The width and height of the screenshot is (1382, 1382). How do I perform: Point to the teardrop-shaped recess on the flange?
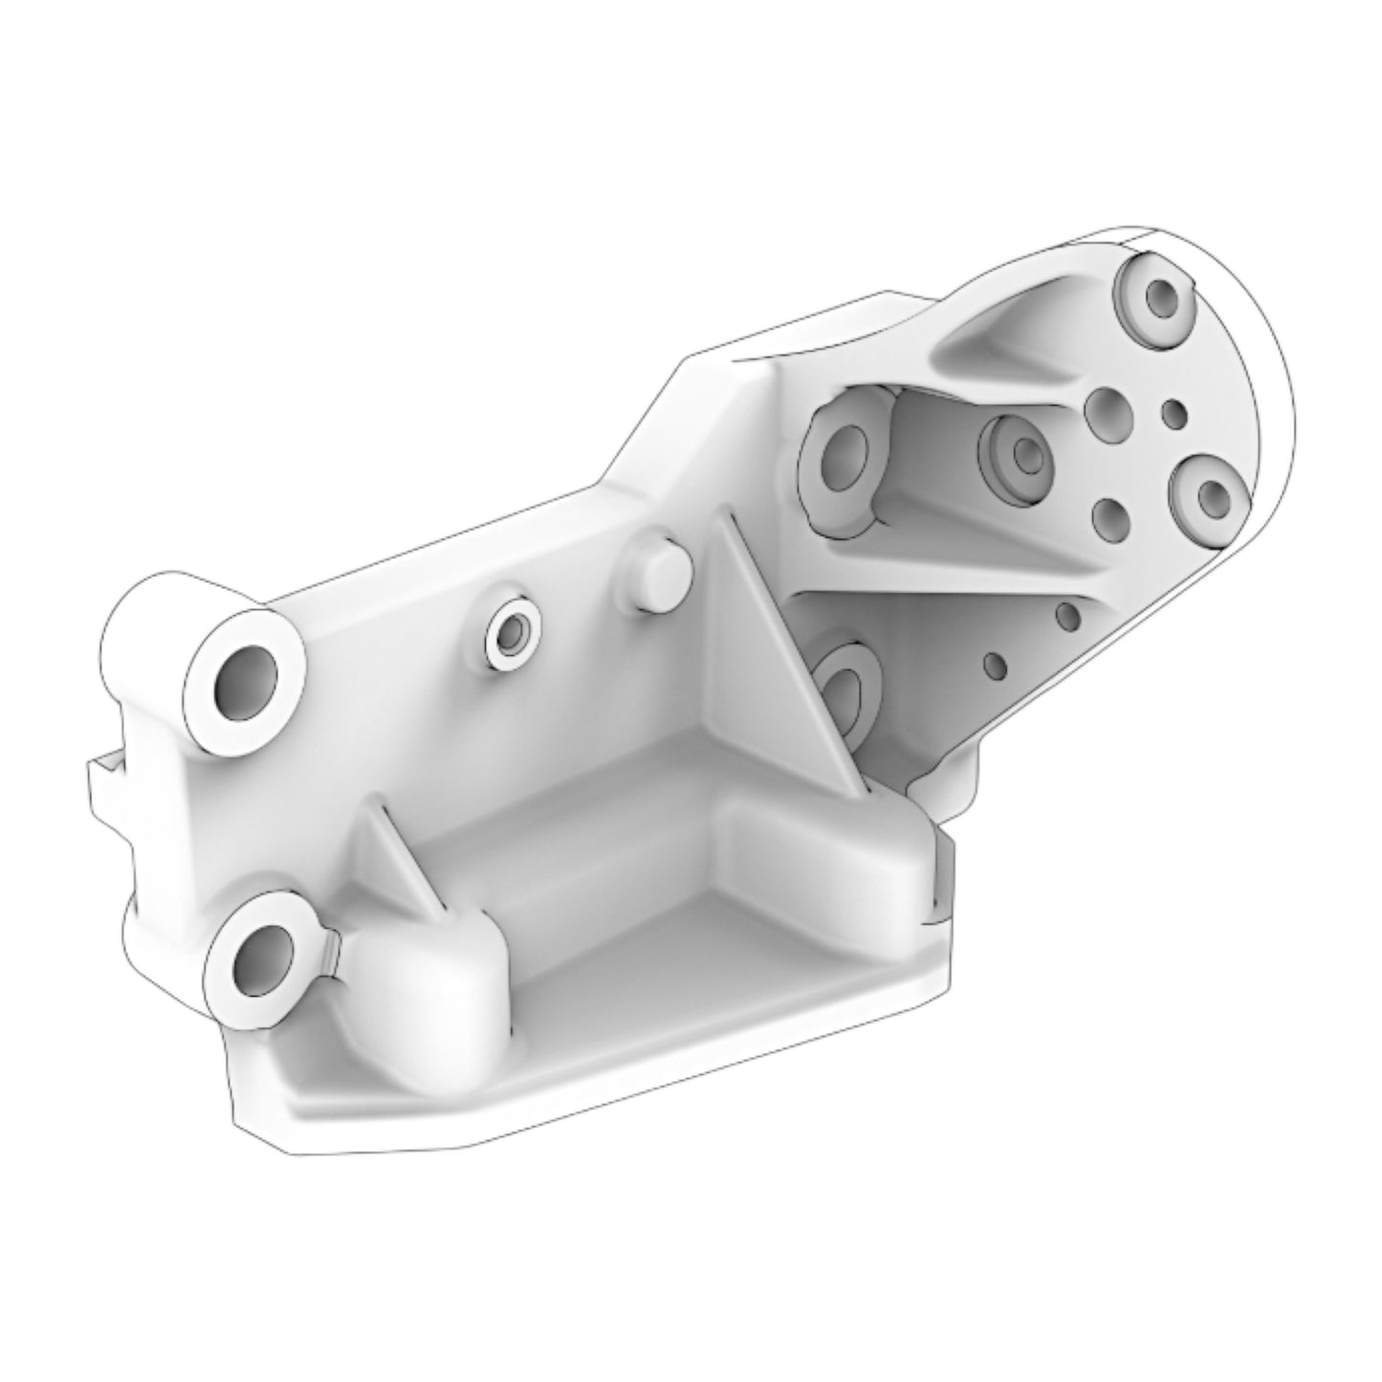(x=1004, y=344)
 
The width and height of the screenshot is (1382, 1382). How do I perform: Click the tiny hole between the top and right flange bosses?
(x=1173, y=413)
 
